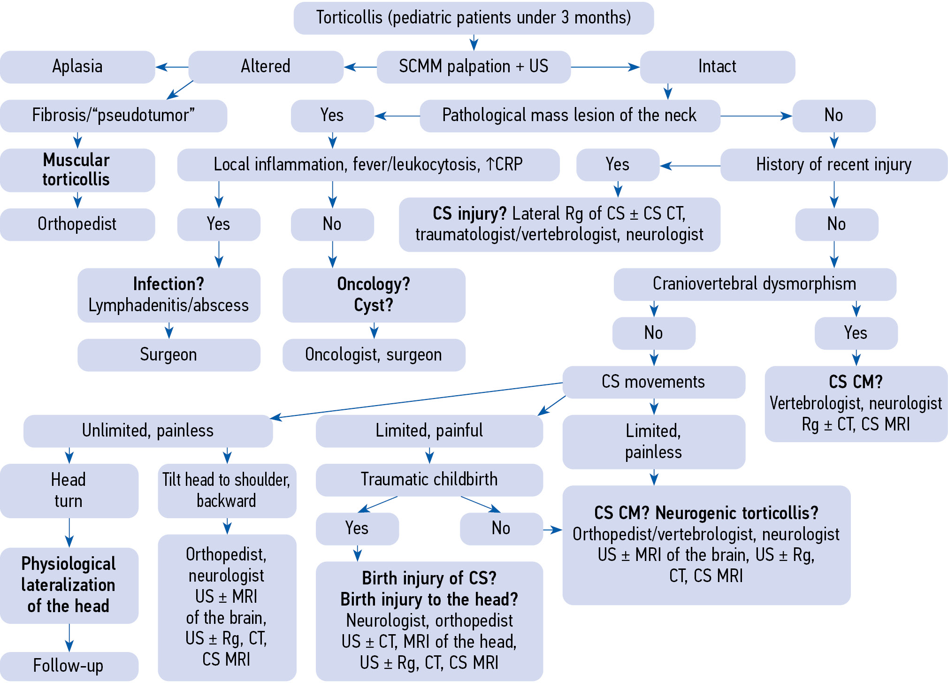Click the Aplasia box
pos(77,67)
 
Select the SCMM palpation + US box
pos(473,67)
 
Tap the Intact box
pos(717,67)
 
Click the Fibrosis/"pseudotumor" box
pos(113,115)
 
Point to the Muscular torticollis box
pos(77,170)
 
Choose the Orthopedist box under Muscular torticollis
pos(77,224)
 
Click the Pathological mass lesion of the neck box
pos(569,115)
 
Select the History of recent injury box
pos(833,165)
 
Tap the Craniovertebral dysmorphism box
pos(754,284)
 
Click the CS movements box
pos(653,382)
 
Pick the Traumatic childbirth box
pos(429,480)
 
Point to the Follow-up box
pos(69,666)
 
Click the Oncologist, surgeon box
pos(374,355)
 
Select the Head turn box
pos(69,491)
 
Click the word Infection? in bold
pos(168,284)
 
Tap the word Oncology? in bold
pos(374,284)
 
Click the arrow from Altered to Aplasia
pos(172,67)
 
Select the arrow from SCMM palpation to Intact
pos(605,67)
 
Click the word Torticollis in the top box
pos(349,18)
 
